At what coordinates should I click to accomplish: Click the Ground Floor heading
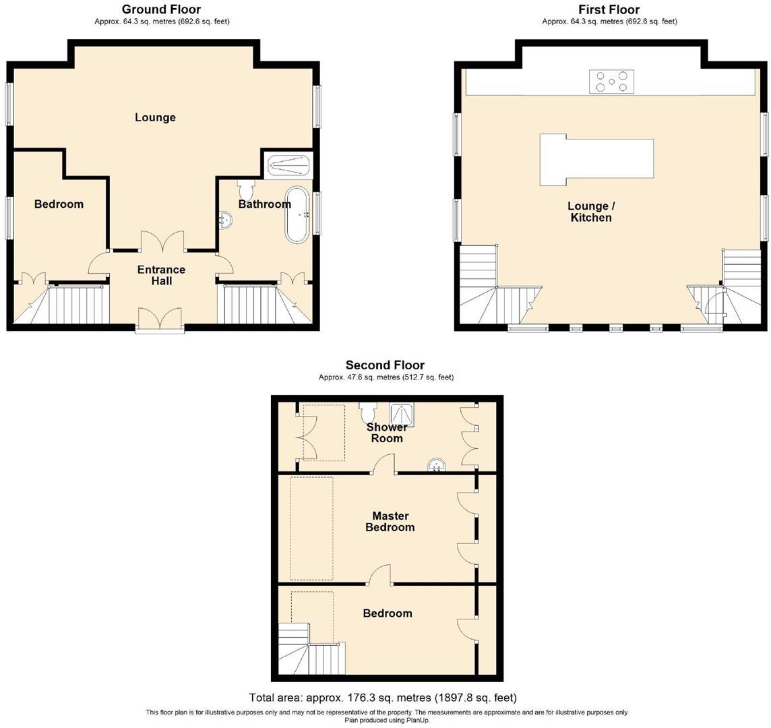point(160,9)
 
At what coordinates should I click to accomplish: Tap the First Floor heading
point(609,9)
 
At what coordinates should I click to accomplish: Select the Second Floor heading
point(385,365)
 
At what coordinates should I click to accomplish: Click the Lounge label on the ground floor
point(155,117)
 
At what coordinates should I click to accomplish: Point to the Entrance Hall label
point(161,275)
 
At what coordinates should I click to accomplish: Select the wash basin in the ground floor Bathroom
point(228,218)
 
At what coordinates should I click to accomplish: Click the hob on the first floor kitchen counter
point(612,82)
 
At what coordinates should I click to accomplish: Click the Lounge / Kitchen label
point(590,212)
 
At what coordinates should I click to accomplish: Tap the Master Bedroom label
point(390,521)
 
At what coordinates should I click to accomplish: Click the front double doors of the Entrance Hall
point(160,320)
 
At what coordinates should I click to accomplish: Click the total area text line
point(383,698)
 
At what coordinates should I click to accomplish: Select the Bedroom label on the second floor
point(387,613)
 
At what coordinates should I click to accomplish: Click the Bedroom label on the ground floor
point(59,204)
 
